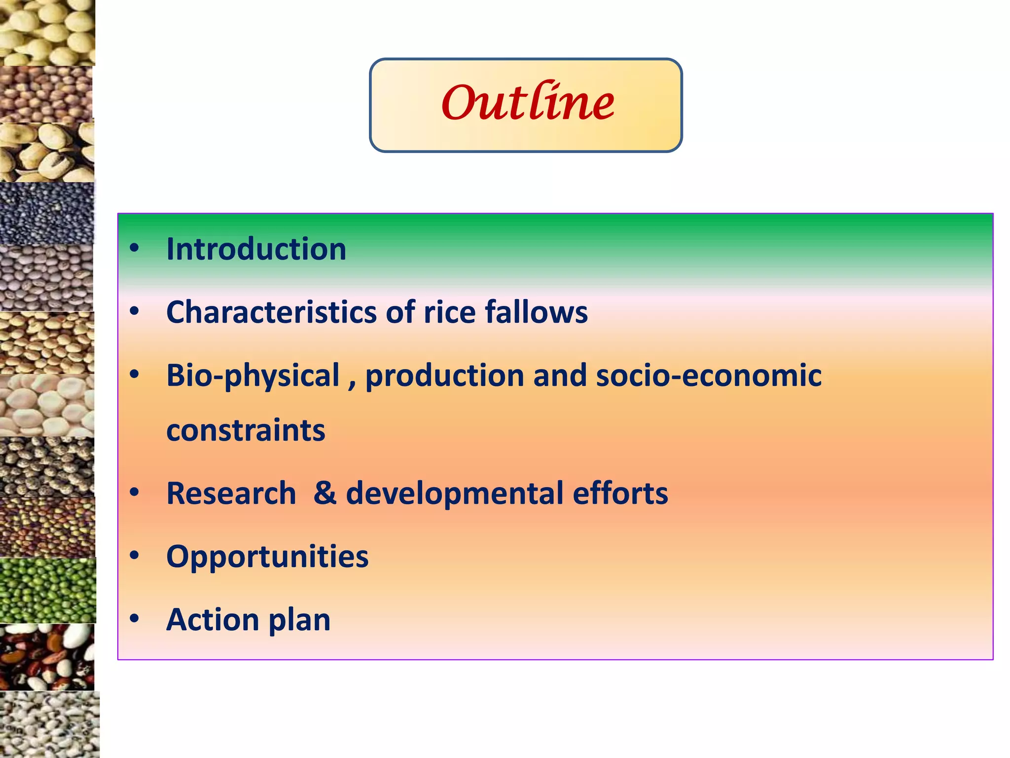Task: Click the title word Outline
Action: (x=527, y=103)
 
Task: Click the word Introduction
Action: (x=256, y=249)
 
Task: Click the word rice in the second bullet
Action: (x=449, y=313)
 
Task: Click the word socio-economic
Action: (x=709, y=376)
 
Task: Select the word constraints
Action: (x=246, y=430)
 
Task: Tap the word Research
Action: (x=231, y=493)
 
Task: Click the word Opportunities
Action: (x=267, y=557)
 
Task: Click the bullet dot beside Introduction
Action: (x=134, y=248)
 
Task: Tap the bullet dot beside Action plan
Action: (x=134, y=619)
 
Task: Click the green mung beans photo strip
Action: (x=47, y=590)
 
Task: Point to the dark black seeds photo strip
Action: (x=47, y=213)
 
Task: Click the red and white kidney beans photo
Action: (x=47, y=657)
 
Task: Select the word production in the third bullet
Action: (x=444, y=376)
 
